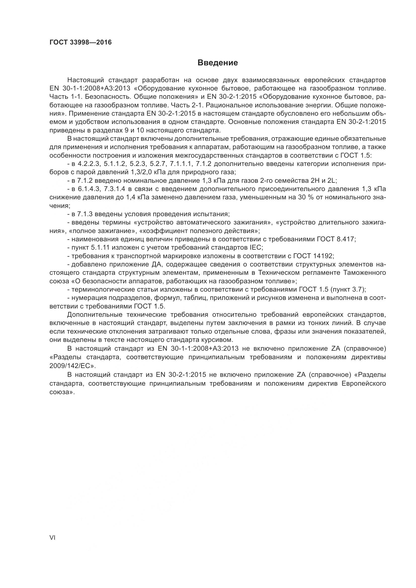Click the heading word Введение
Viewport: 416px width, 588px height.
(x=218, y=63)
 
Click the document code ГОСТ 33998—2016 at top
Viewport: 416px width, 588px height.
(x=80, y=42)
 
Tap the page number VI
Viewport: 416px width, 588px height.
(x=52, y=537)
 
